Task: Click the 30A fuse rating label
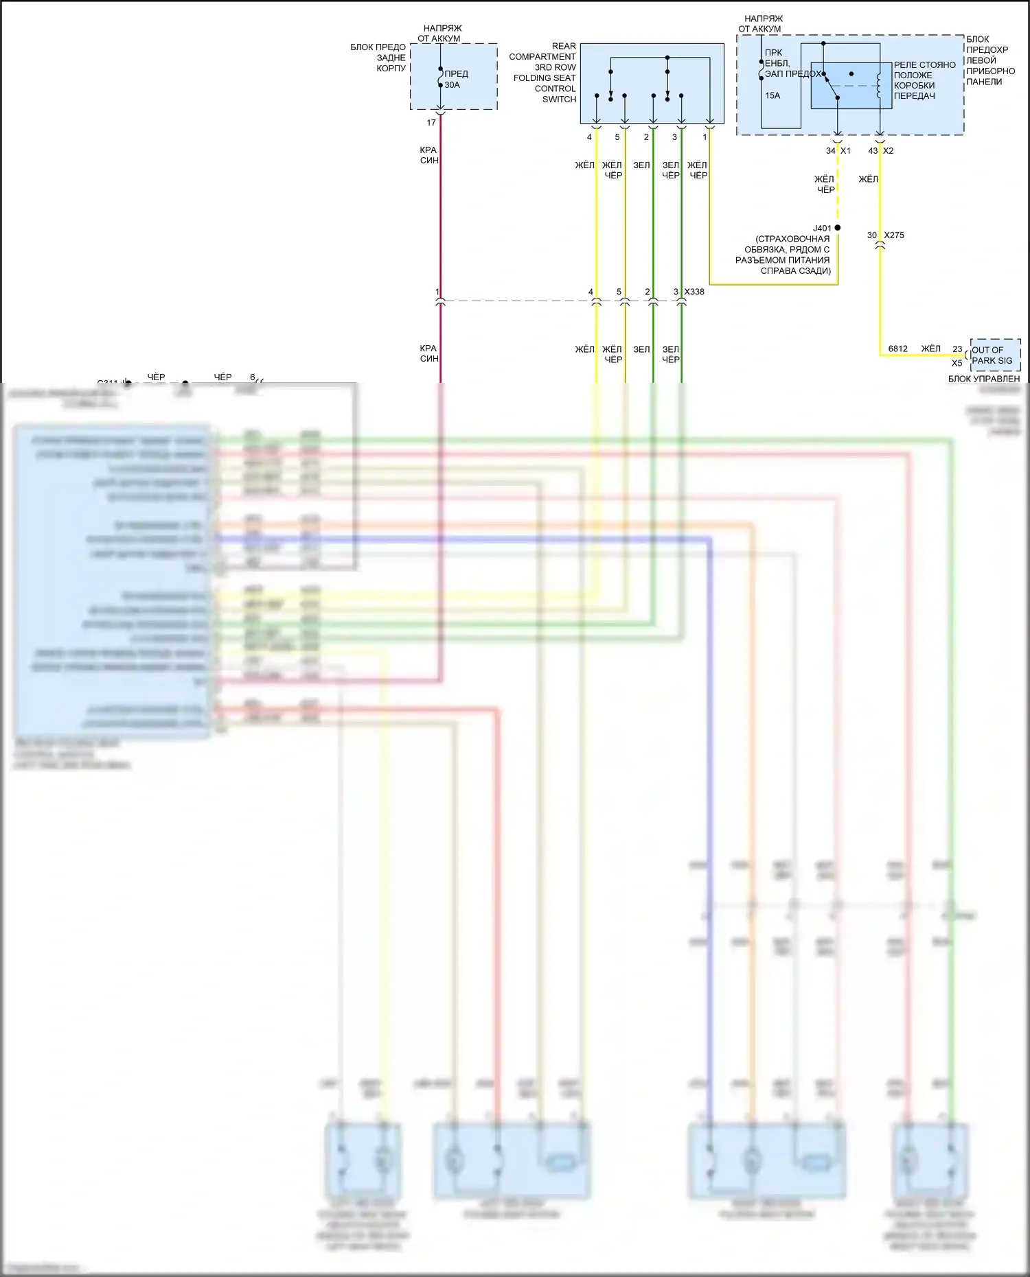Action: click(x=452, y=85)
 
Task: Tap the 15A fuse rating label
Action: click(x=772, y=95)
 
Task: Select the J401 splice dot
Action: click(x=837, y=228)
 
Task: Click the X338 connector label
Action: click(x=694, y=292)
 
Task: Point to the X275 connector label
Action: click(x=894, y=235)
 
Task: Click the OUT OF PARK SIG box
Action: click(x=995, y=355)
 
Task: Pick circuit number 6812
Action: click(x=897, y=349)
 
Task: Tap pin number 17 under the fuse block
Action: click(x=431, y=123)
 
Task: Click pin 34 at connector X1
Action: click(x=830, y=151)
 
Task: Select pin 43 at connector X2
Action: click(x=873, y=151)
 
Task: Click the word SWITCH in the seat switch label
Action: click(x=559, y=99)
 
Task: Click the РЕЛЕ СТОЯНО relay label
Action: click(x=924, y=65)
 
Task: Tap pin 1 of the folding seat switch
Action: click(x=705, y=137)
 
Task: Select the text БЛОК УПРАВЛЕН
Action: click(x=984, y=379)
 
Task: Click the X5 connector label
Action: click(x=957, y=363)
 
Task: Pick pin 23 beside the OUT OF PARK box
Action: click(x=957, y=349)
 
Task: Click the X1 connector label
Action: click(x=845, y=151)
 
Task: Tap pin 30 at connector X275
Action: click(x=871, y=235)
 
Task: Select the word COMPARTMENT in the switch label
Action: click(x=542, y=57)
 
